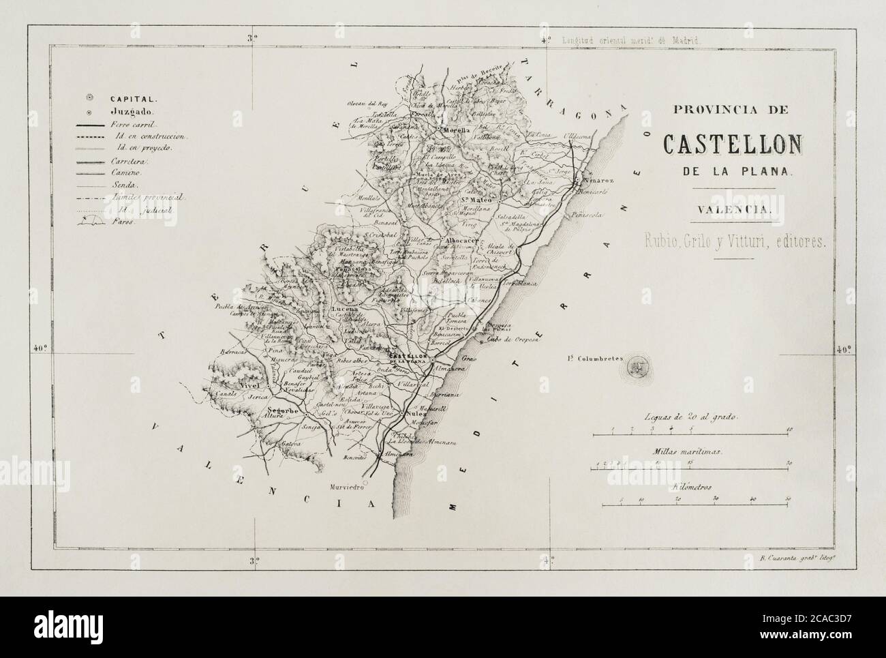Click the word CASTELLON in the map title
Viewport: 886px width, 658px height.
pos(733,144)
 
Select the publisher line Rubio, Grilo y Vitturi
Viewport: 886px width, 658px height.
pos(733,240)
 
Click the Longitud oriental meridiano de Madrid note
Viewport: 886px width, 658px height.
pos(630,40)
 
